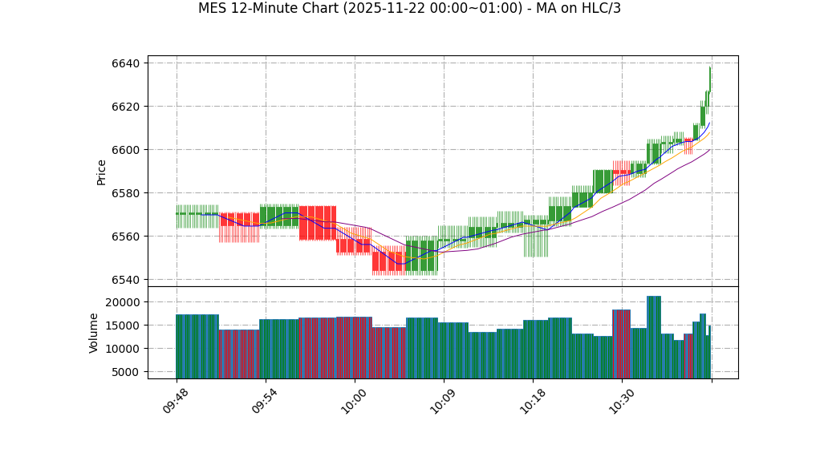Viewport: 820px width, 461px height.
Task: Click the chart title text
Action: (409, 9)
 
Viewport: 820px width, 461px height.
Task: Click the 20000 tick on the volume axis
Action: (125, 302)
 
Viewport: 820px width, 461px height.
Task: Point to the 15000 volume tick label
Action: (125, 326)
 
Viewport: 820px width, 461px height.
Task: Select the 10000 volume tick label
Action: (125, 349)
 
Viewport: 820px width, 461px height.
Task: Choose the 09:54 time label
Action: (266, 400)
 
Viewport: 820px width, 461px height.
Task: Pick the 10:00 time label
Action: (355, 400)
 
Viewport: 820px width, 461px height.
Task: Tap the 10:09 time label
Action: (445, 400)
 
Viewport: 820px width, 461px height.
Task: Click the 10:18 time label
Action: (534, 400)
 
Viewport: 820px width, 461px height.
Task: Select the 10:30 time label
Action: (623, 400)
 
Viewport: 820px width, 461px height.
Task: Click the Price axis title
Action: (102, 172)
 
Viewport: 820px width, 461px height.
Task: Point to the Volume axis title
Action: (94, 333)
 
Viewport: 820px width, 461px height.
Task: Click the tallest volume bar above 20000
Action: (654, 337)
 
